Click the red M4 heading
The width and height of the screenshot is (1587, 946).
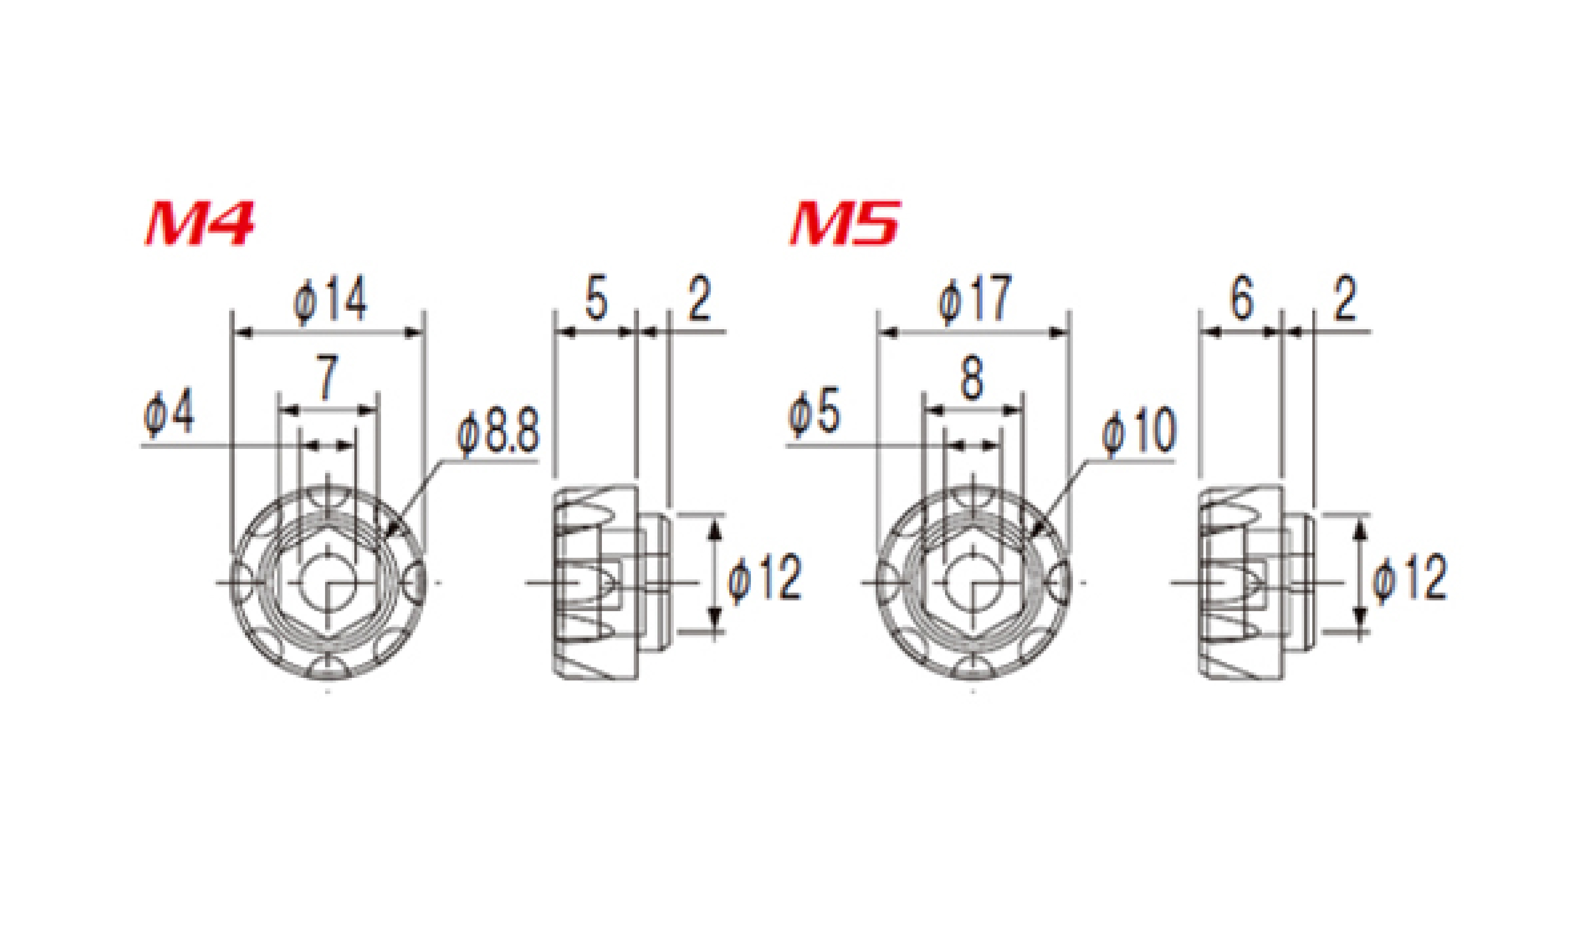pos(200,223)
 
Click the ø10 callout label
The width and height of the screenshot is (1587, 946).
pos(1139,432)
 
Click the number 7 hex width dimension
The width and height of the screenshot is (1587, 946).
pos(327,378)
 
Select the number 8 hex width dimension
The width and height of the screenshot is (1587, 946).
pos(972,378)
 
